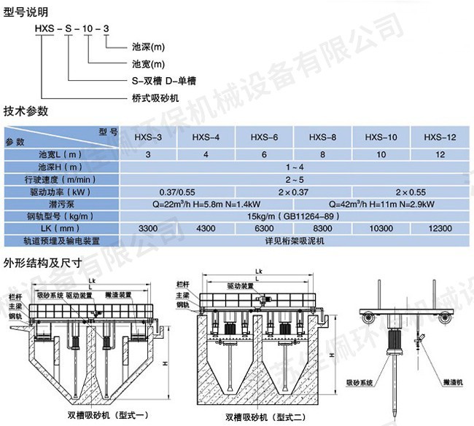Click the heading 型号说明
click(26, 12)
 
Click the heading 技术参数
click(26, 111)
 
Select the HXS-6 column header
click(264, 136)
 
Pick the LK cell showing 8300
click(322, 229)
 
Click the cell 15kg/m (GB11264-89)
click(292, 216)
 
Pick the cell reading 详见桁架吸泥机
click(292, 240)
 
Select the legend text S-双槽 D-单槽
click(165, 80)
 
